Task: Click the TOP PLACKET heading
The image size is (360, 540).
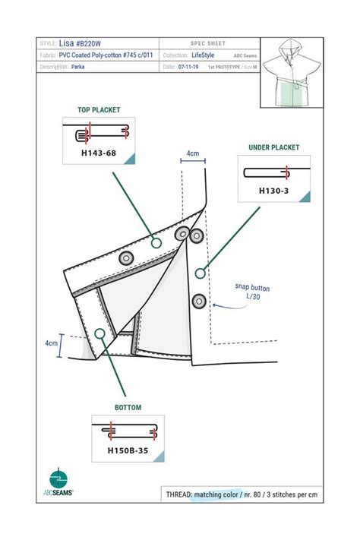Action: (99, 109)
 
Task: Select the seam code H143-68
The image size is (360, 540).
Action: (99, 153)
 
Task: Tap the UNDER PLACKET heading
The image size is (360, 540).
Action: (273, 147)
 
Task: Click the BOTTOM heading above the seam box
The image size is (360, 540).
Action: (128, 408)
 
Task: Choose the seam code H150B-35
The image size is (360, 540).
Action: (128, 450)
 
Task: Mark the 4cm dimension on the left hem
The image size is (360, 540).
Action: (51, 343)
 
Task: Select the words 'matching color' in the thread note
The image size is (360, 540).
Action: (217, 494)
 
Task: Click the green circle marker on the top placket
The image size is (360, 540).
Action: (156, 243)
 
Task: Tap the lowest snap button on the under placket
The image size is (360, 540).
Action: (199, 301)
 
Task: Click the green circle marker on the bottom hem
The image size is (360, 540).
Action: (100, 333)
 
